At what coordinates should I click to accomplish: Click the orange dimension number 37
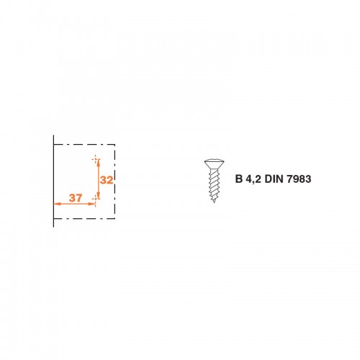pos(76,198)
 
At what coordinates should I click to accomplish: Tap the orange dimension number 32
pos(107,180)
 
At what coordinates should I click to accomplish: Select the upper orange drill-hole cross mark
pos(96,159)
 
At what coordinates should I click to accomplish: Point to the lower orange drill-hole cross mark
pos(95,199)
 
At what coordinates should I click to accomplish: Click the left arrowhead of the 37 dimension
pos(57,204)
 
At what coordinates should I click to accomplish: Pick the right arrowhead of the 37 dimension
pos(92,204)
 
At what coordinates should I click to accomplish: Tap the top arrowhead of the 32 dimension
pos(99,163)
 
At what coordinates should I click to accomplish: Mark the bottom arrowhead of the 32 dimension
pos(99,195)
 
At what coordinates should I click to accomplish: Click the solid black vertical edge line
pos(53,181)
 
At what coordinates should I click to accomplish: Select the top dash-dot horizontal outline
pos(84,145)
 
